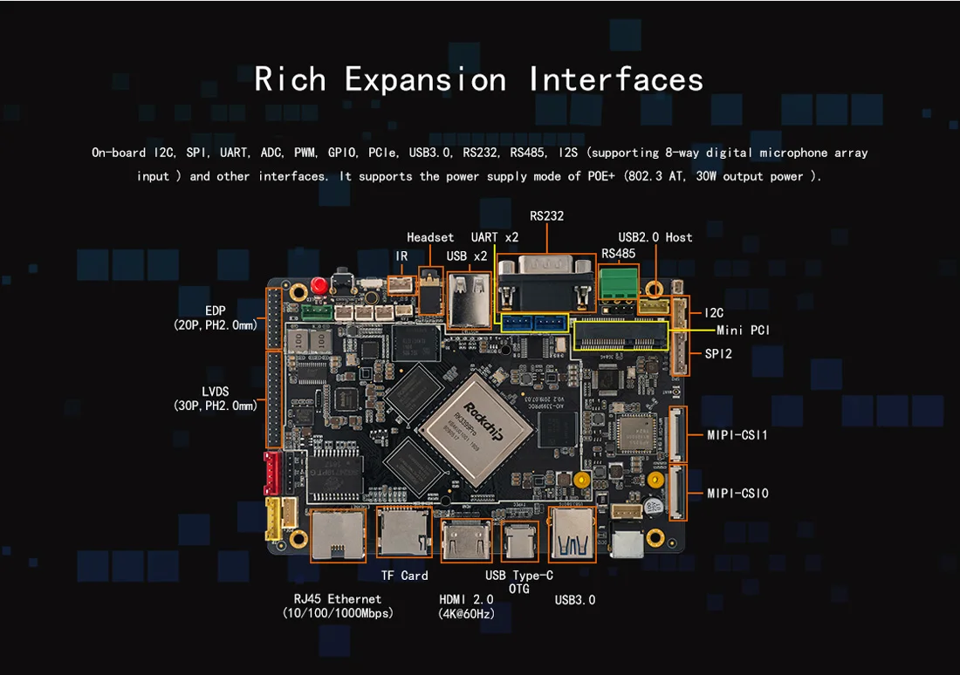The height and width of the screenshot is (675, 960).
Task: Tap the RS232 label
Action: [546, 215]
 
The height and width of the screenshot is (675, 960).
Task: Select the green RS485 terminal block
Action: [618, 283]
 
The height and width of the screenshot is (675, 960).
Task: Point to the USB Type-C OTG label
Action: [519, 582]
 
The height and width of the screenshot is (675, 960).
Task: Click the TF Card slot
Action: [403, 532]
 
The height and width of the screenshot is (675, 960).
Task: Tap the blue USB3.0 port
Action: [572, 535]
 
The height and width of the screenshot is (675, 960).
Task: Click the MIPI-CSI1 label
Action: [737, 434]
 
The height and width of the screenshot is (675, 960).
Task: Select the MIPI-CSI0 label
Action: [737, 494]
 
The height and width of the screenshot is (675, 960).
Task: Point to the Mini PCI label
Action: [743, 331]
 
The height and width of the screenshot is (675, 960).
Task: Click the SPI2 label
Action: [718, 354]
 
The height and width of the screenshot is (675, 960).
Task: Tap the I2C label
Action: [714, 312]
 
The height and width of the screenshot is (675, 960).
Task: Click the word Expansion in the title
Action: [425, 79]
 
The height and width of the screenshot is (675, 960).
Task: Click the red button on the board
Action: [319, 286]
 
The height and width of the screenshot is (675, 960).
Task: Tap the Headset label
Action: [430, 237]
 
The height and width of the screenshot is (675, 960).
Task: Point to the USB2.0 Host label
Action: [655, 237]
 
